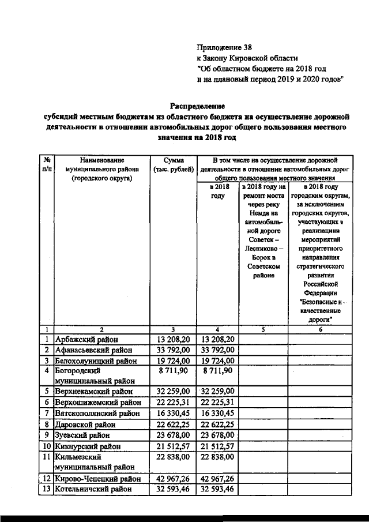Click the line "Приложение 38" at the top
point(225,47)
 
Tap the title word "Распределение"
point(197,106)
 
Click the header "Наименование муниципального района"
point(102,170)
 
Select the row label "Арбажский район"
point(87,339)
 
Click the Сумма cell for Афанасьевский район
point(173,350)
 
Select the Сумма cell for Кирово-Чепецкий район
point(173,478)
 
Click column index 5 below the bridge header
point(263,329)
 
